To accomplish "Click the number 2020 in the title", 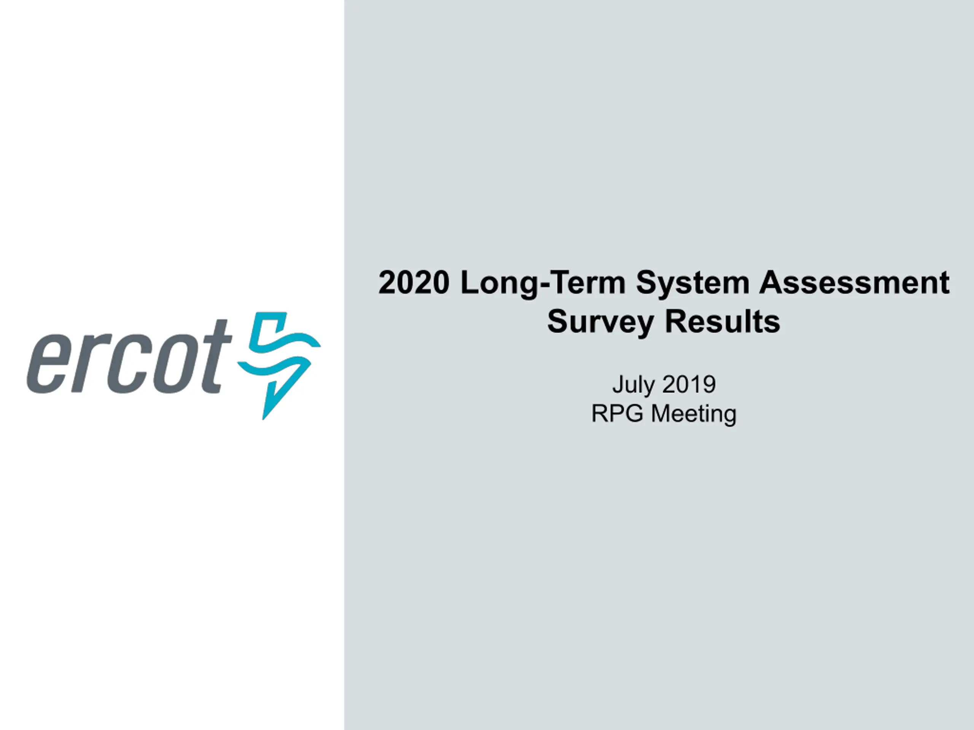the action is click(x=414, y=282).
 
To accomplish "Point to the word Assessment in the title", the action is click(x=854, y=282).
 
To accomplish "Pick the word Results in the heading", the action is click(x=722, y=321).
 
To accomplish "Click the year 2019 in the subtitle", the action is click(x=689, y=384).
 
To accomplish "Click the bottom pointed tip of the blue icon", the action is click(x=263, y=419).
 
